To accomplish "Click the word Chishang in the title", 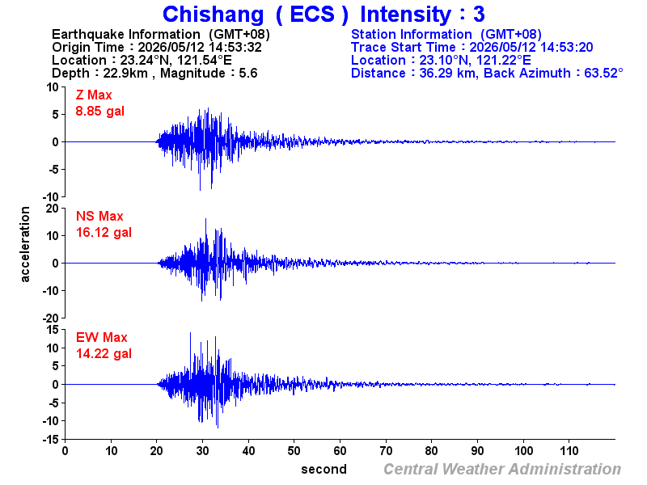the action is [x=213, y=15].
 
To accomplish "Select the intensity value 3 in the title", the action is [x=479, y=14].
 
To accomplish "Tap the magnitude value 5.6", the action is [x=248, y=73].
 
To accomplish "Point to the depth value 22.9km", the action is [x=125, y=73].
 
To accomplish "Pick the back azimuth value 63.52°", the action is [x=603, y=73].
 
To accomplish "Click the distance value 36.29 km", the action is [x=447, y=73].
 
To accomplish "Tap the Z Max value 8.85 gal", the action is [x=99, y=112].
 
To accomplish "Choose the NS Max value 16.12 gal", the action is [x=104, y=233].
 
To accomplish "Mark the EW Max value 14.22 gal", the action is [x=104, y=354].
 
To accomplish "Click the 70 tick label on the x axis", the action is [x=386, y=451].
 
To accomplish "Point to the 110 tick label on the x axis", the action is [x=569, y=451].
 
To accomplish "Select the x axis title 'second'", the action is [x=324, y=470].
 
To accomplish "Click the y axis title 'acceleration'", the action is [x=25, y=244].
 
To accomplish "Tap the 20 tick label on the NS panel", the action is [x=53, y=209].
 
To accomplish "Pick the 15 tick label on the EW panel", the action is [x=53, y=330].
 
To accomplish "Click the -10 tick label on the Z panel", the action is [x=51, y=197].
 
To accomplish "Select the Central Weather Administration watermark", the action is [x=502, y=470].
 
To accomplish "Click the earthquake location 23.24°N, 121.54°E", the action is [x=176, y=60].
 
